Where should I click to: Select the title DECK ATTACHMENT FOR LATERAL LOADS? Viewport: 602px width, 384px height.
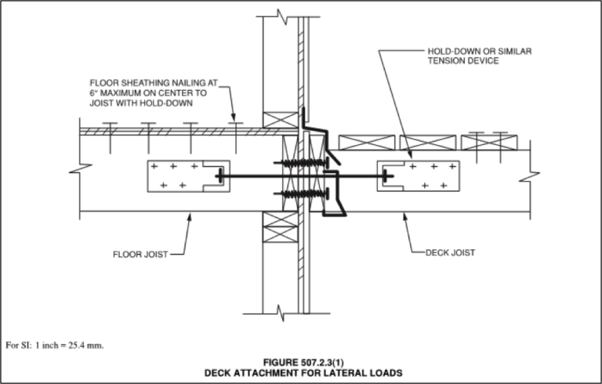(x=303, y=373)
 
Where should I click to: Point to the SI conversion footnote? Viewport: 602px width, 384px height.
(x=55, y=344)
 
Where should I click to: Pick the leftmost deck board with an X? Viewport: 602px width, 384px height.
(x=366, y=142)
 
